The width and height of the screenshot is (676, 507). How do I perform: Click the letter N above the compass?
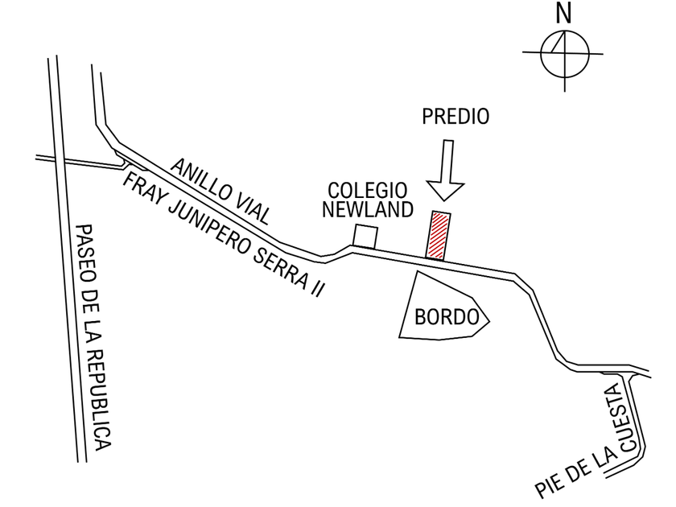[x=563, y=14]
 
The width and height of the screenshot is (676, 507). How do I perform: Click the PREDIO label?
[x=455, y=117]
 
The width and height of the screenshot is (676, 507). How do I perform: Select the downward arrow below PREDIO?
[x=445, y=170]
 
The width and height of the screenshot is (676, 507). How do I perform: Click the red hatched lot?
[x=437, y=236]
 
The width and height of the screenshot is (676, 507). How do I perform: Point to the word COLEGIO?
[x=367, y=192]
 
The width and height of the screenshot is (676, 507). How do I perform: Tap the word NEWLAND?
[x=367, y=210]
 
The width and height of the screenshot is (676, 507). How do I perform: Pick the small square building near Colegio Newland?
[x=365, y=237]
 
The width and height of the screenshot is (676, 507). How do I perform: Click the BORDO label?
[x=441, y=316]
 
